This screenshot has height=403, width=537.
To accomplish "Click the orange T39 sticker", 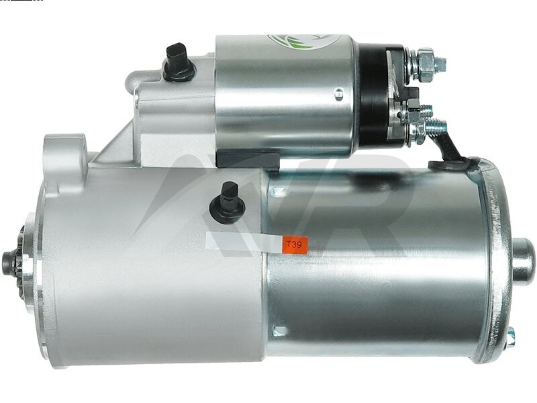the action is (295, 244).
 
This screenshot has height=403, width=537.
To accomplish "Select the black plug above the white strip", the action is (227, 203).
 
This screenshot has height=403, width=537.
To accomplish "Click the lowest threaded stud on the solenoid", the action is (435, 126).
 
